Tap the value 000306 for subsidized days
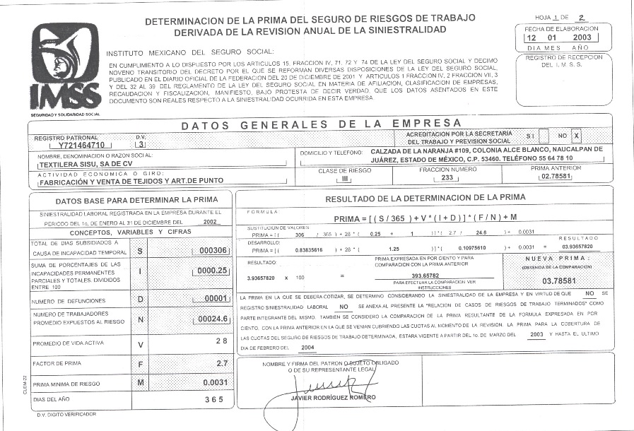[x=213, y=250]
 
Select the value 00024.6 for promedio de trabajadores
[x=211, y=319]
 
